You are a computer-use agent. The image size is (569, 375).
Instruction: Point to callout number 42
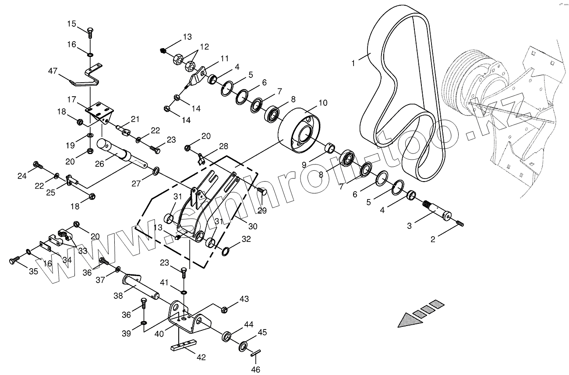pos(201,357)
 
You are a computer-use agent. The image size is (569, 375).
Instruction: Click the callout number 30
pos(252,226)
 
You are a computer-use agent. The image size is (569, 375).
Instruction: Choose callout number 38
pos(118,295)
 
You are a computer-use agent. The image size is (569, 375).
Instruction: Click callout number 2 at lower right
pos(433,239)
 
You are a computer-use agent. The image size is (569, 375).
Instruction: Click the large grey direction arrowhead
pos(410,319)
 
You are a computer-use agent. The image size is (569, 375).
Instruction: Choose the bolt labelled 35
pos(13,261)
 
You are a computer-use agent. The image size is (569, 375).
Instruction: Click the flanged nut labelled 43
pos(224,310)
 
